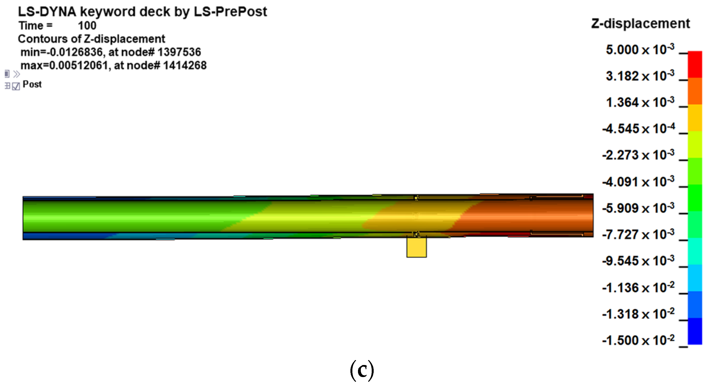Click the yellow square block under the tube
[417, 247]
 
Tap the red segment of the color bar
[695, 64]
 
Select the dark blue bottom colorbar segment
[695, 331]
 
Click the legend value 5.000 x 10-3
[640, 50]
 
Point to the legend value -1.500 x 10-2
[638, 340]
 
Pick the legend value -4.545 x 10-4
[638, 129]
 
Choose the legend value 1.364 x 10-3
[640, 102]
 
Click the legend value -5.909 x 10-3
[638, 208]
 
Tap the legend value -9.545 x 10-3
[638, 261]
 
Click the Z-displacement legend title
[641, 24]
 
